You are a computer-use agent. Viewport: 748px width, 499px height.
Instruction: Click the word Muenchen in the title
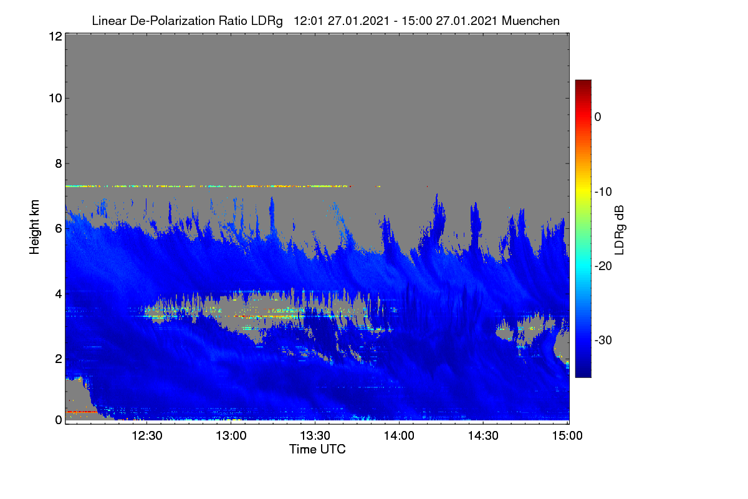(x=530, y=21)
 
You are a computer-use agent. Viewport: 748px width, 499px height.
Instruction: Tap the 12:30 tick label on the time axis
(x=147, y=436)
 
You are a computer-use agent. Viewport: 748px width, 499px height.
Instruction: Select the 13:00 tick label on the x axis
(x=231, y=436)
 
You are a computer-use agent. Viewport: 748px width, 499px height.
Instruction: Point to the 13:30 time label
(x=315, y=436)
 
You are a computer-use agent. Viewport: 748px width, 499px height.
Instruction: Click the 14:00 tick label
(x=399, y=436)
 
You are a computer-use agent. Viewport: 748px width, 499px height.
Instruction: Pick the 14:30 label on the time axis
(x=483, y=436)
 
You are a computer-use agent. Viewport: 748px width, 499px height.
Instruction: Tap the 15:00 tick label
(x=567, y=436)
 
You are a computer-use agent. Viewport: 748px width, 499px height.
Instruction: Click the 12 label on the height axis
(x=55, y=36)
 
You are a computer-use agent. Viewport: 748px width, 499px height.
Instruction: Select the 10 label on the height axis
(x=55, y=99)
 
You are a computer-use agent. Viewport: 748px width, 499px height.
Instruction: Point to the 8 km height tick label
(x=59, y=164)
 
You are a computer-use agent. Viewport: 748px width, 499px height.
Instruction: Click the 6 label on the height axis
(x=59, y=229)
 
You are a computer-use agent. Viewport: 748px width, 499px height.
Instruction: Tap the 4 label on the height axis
(x=59, y=294)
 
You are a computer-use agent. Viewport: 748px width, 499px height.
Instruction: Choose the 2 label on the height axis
(x=59, y=359)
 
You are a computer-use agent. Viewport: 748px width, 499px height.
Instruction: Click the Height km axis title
(x=34, y=227)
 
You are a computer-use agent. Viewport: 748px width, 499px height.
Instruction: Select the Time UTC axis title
(x=317, y=450)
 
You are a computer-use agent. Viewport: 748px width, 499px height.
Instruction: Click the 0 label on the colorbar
(x=598, y=117)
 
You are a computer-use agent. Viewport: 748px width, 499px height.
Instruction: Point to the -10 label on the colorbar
(x=603, y=192)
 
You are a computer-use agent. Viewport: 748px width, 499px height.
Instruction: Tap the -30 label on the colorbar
(x=603, y=340)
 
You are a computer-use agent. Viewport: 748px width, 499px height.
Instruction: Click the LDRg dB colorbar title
(x=620, y=230)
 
